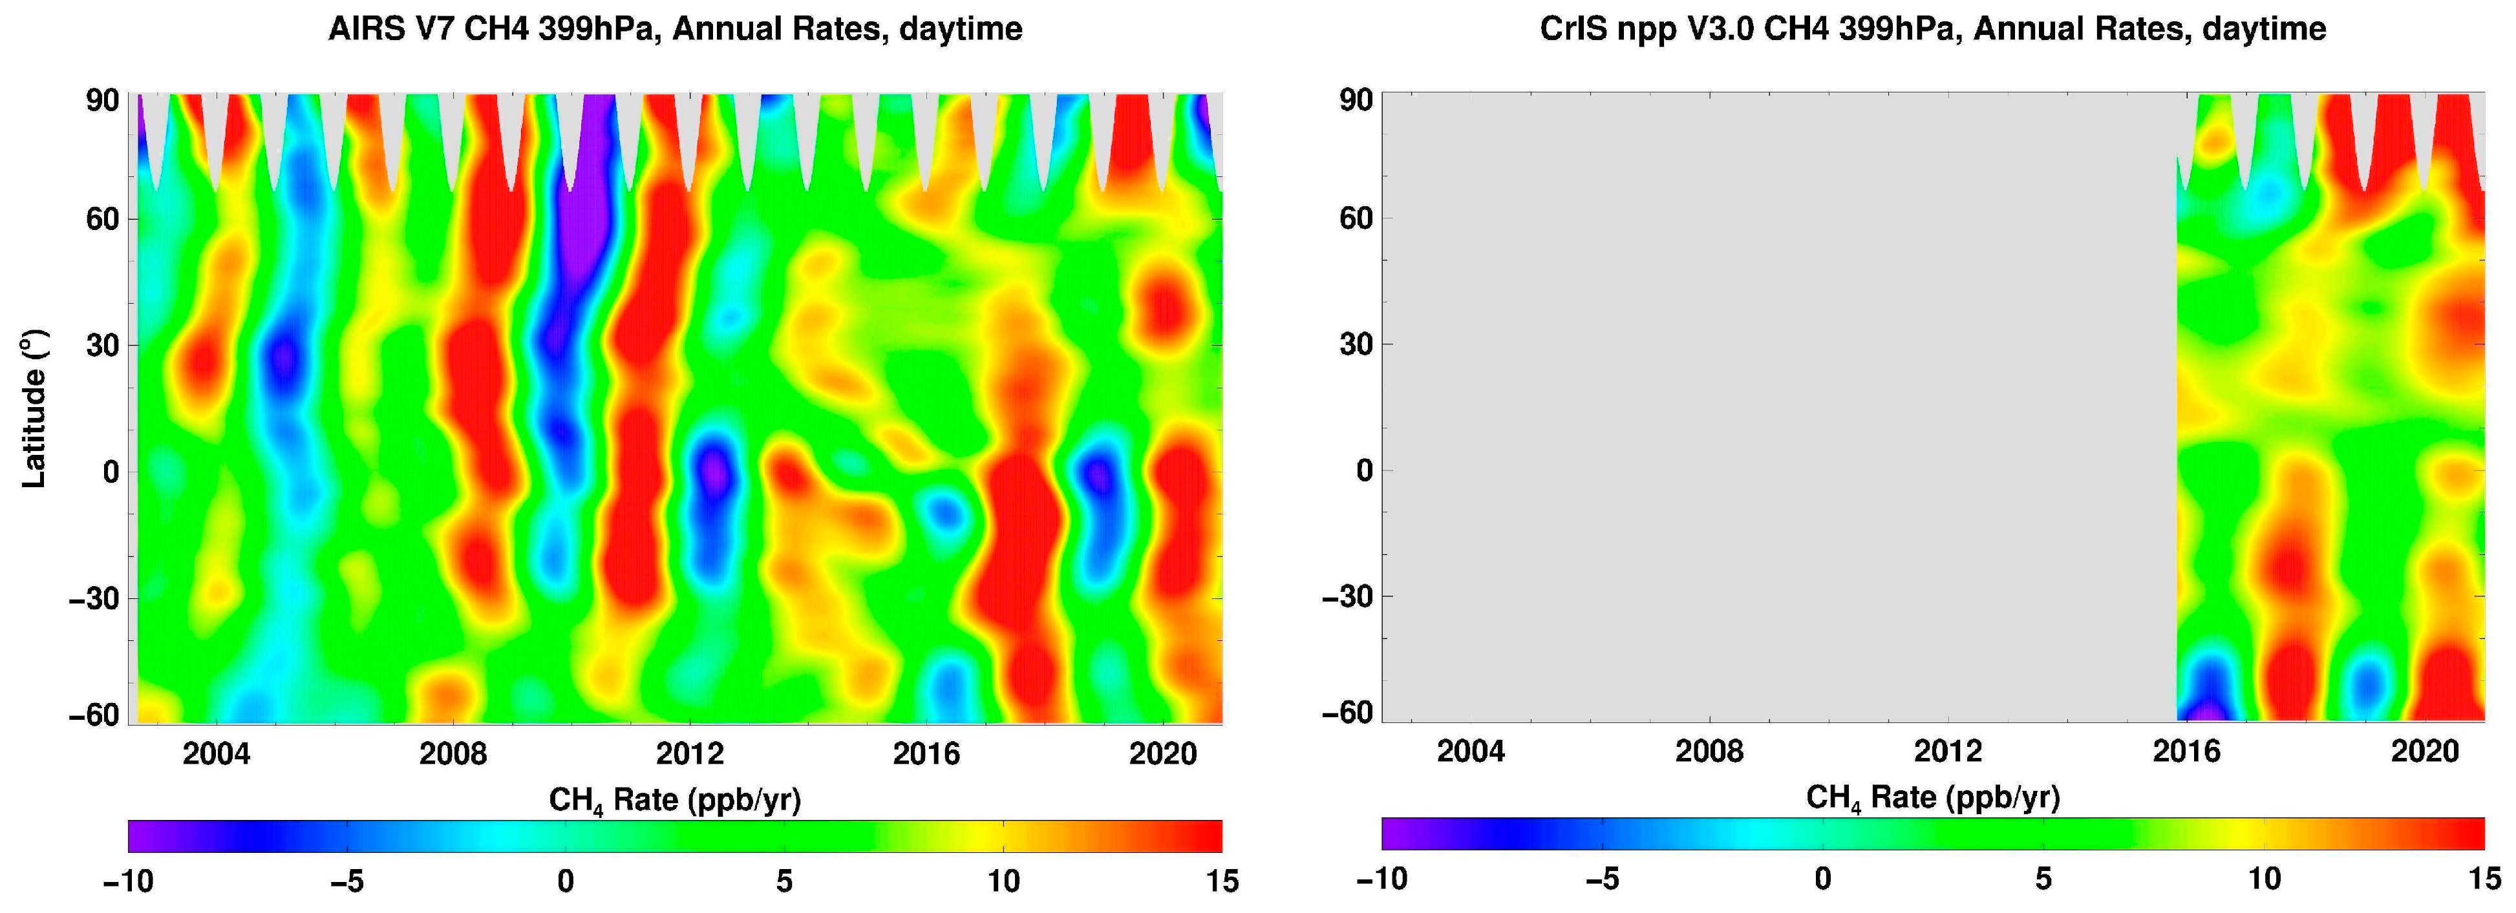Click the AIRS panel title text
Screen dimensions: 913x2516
[x=675, y=29]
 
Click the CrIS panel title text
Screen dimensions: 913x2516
[x=1932, y=29]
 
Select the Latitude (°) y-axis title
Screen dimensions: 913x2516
[x=34, y=408]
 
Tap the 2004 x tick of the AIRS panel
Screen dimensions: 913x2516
[x=216, y=754]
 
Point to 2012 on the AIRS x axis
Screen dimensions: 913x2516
[x=690, y=754]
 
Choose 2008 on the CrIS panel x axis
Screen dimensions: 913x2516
[x=1709, y=751]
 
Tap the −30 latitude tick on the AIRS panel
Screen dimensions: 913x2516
[x=94, y=598]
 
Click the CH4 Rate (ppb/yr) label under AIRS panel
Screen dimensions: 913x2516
[x=675, y=801]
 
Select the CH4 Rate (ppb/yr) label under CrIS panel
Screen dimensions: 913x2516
[x=1932, y=798]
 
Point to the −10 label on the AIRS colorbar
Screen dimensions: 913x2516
[x=128, y=882]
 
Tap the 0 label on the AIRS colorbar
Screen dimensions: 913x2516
[x=566, y=882]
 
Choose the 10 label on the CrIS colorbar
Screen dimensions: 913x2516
[x=2264, y=879]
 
